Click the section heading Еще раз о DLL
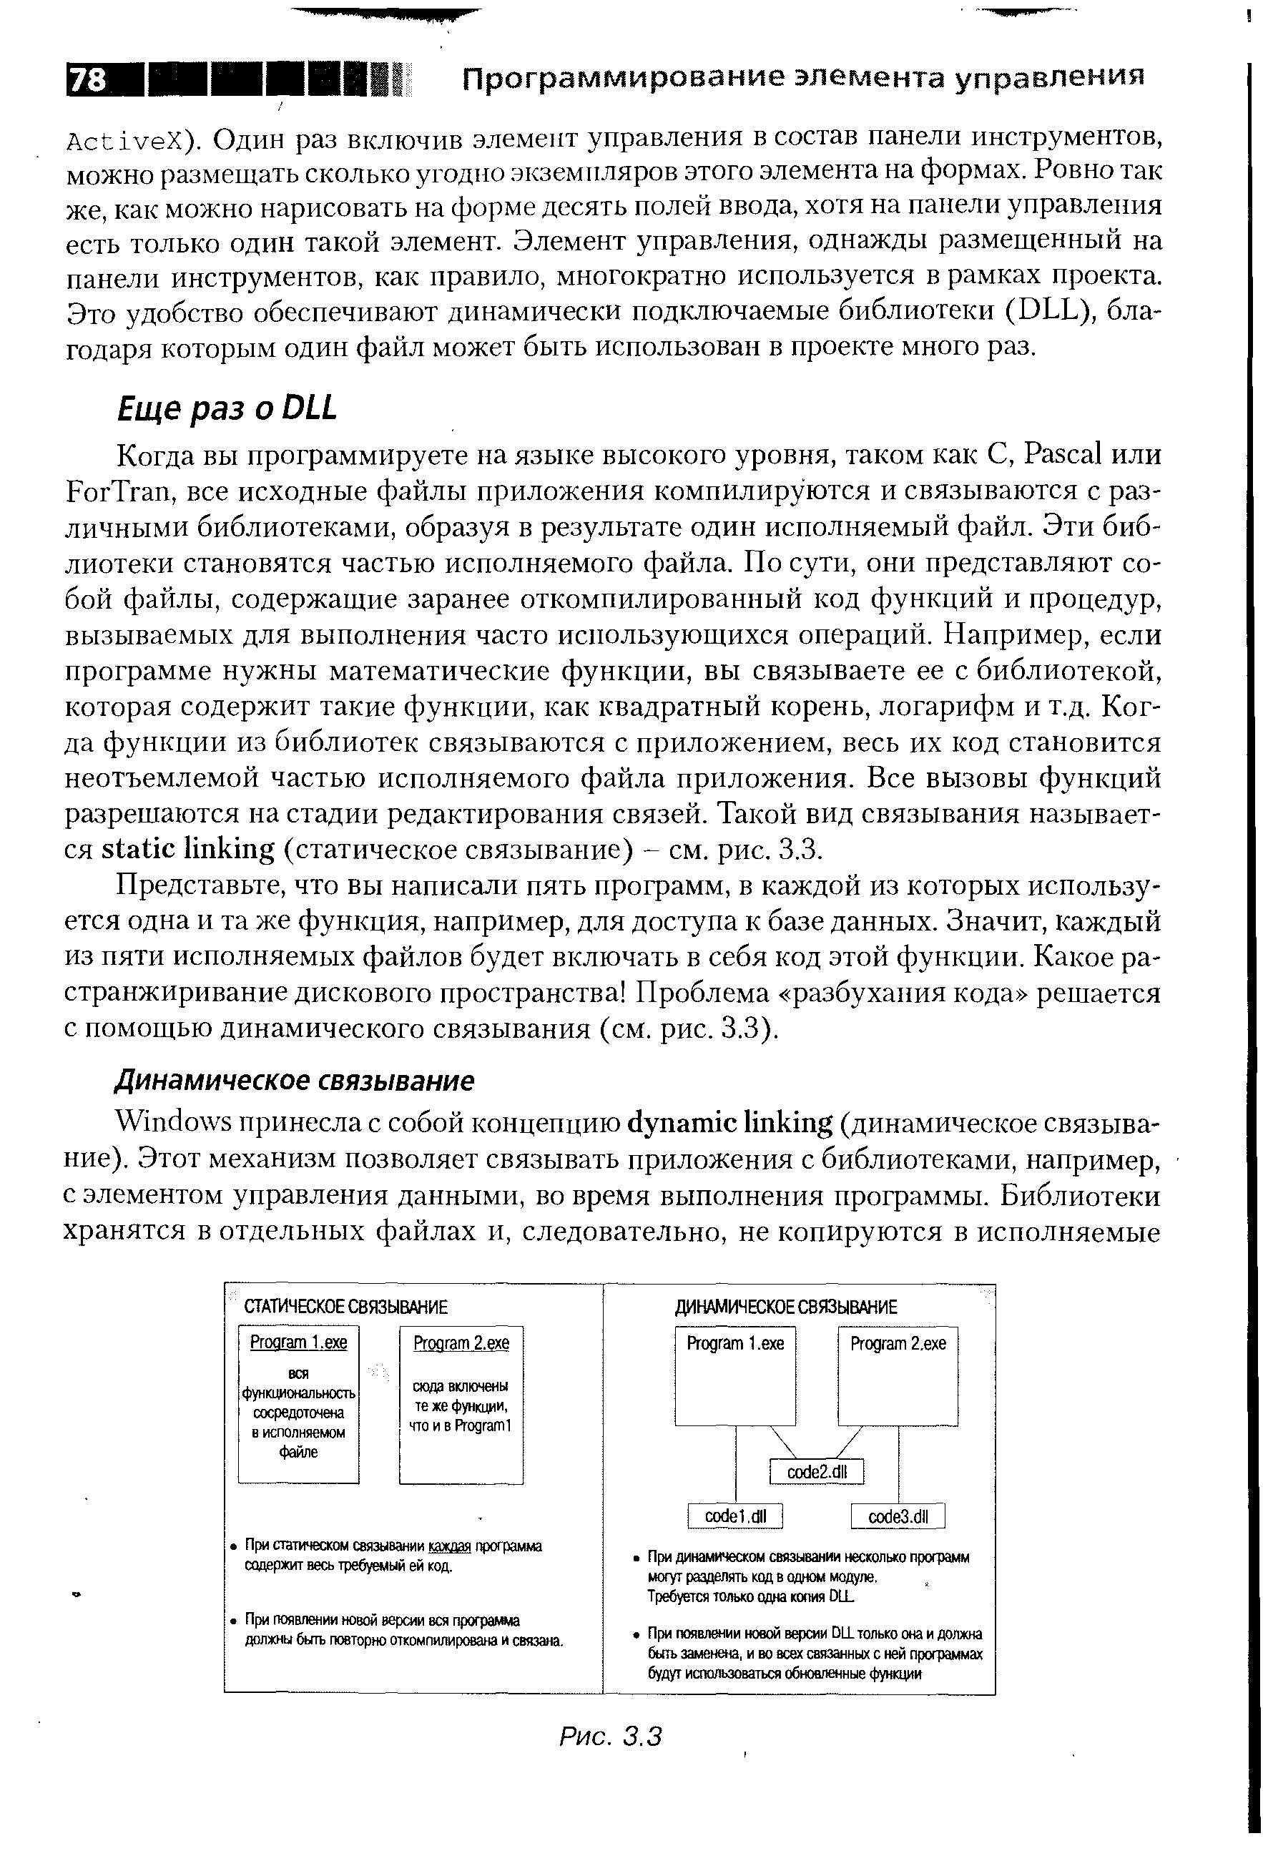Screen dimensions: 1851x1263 coord(227,408)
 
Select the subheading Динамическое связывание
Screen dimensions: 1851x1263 coord(295,1081)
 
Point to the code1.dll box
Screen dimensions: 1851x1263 coord(735,1516)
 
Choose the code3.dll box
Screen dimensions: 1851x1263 coord(898,1516)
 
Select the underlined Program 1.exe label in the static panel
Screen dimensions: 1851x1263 coord(299,1343)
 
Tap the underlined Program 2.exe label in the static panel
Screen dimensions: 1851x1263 coord(461,1344)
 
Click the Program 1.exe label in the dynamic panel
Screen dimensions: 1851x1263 coord(735,1344)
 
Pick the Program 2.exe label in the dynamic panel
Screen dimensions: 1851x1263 coord(898,1344)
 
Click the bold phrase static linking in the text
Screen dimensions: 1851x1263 coord(188,849)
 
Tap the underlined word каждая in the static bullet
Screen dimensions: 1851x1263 coord(450,1546)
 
